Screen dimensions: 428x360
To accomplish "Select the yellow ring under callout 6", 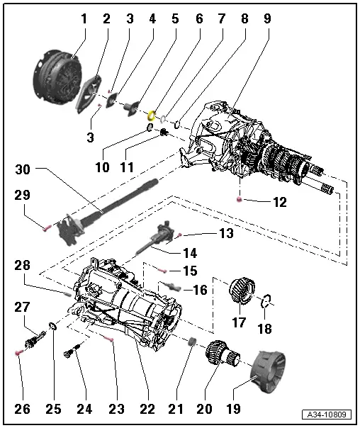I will point(152,113).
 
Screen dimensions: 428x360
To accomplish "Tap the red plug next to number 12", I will point(240,201).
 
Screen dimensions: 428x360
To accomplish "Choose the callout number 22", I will point(147,409).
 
